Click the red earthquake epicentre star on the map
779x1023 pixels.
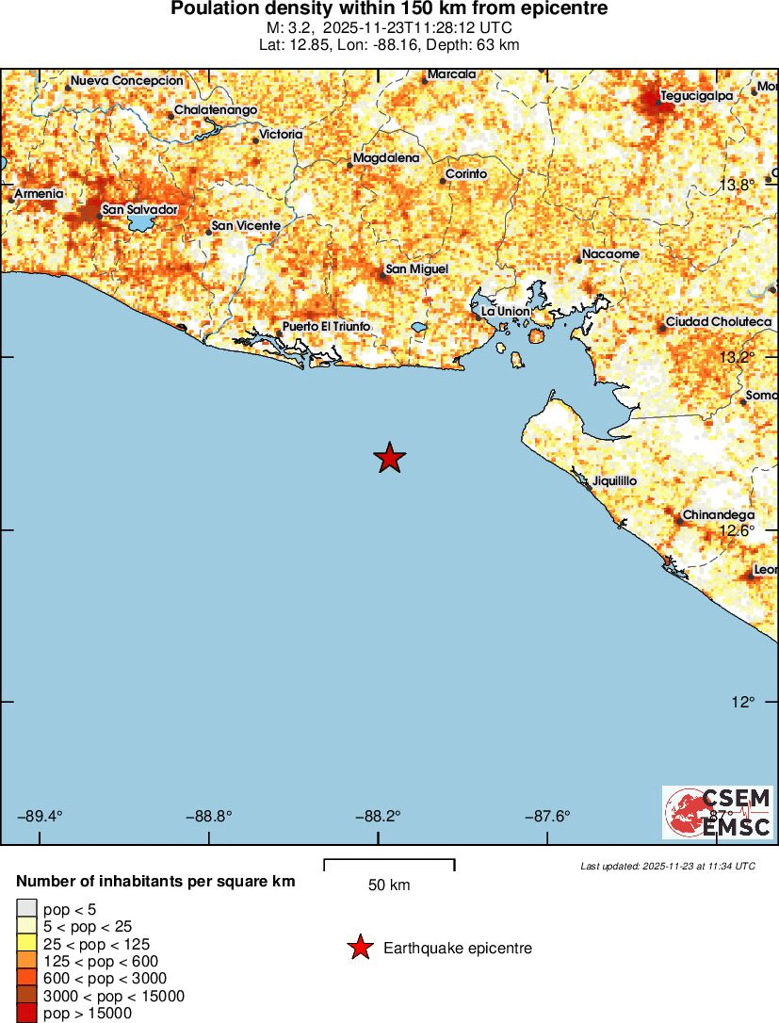389,459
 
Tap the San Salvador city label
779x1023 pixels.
139,209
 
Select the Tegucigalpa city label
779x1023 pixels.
696,95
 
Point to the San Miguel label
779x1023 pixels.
416,269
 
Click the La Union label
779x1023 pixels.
505,311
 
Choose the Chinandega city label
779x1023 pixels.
718,515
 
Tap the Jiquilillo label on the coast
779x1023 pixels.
614,481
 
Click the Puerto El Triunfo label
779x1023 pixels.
326,327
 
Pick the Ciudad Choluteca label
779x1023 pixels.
719,322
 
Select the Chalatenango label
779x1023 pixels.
216,110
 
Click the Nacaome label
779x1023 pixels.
610,254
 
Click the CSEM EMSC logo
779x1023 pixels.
717,812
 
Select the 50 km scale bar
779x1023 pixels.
389,865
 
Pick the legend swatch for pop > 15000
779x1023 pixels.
26,1014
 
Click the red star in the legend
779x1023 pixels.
360,949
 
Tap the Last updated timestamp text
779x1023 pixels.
667,866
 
